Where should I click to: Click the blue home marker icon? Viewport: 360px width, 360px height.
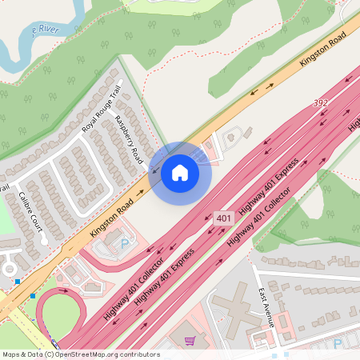(x=180, y=172)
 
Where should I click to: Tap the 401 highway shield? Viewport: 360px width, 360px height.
(x=223, y=218)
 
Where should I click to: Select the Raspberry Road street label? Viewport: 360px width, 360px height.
(x=128, y=136)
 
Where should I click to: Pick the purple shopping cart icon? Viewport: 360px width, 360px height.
(x=190, y=341)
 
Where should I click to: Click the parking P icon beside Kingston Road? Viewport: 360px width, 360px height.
(x=124, y=242)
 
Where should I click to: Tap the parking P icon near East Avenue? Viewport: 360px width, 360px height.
(x=337, y=342)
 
